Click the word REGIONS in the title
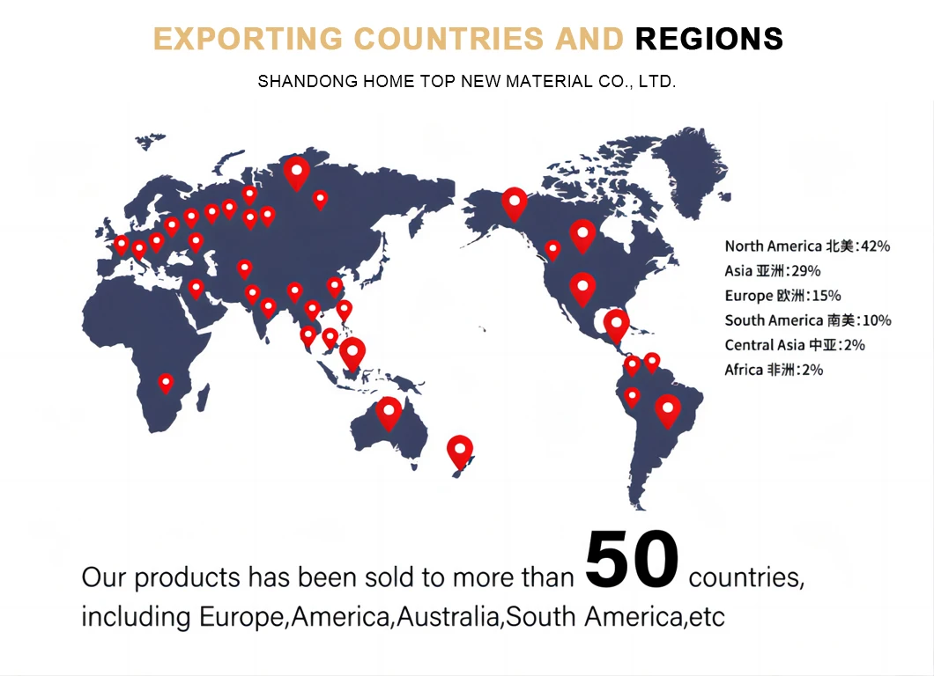tap(708, 39)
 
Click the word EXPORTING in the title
tap(248, 39)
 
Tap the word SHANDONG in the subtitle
tap(297, 82)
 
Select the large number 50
tap(632, 561)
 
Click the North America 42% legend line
tap(807, 246)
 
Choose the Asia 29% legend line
tap(772, 271)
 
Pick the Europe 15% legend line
tap(782, 296)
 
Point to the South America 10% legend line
tap(808, 320)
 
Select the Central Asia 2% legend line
tap(795, 345)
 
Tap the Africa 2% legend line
tap(774, 370)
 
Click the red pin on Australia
tap(389, 412)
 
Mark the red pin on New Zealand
tap(460, 451)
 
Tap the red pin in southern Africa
tap(166, 383)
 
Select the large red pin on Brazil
tap(668, 409)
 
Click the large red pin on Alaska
tap(515, 203)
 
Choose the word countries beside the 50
tap(745, 579)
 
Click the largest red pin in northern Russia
tap(297, 173)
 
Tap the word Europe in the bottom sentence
tap(243, 617)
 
